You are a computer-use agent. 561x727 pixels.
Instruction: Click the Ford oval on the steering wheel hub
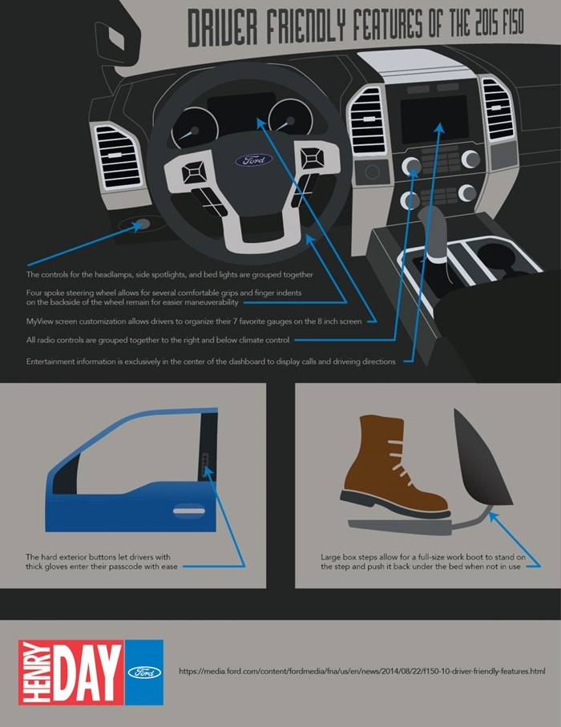coord(253,160)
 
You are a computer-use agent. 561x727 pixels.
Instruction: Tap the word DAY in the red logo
coord(87,672)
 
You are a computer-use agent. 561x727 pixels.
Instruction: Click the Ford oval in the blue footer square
coord(144,672)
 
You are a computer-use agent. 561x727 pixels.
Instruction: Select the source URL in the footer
coord(362,671)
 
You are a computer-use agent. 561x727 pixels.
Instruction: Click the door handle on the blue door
coord(189,511)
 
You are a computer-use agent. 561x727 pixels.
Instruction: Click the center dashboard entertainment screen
coord(434,119)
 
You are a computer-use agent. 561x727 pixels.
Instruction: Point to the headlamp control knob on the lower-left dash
coord(141,224)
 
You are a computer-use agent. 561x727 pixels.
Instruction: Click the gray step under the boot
coord(400,527)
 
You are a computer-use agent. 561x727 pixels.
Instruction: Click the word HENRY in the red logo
coord(35,672)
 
